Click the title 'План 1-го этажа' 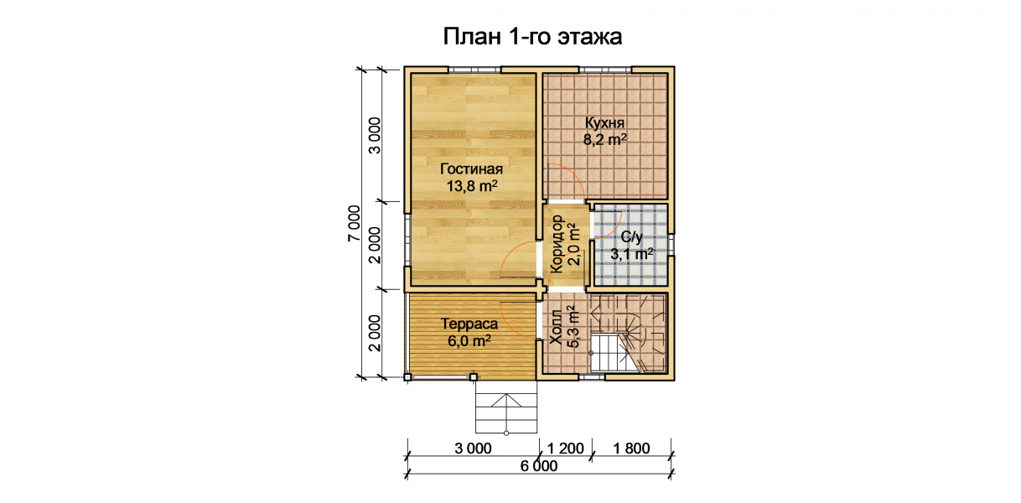click(x=532, y=37)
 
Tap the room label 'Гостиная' click(x=471, y=169)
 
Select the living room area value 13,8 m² click(x=472, y=185)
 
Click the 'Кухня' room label click(x=604, y=122)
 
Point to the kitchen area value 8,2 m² click(x=605, y=139)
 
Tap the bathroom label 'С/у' click(x=632, y=237)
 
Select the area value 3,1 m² click(x=632, y=253)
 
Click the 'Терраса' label click(x=469, y=324)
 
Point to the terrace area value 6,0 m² click(x=469, y=340)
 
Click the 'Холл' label click(x=557, y=327)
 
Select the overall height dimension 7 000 click(x=354, y=224)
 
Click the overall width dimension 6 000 click(x=539, y=466)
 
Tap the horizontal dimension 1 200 click(x=565, y=449)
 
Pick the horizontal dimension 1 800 click(x=631, y=449)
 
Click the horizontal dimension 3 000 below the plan click(x=473, y=449)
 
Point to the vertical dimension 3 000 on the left click(x=374, y=136)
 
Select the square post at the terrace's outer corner click(x=407, y=377)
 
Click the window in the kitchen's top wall click(x=605, y=70)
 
